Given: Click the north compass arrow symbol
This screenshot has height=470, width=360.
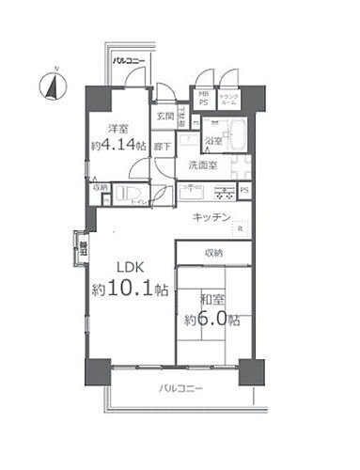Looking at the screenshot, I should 53,86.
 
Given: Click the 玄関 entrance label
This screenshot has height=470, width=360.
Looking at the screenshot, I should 165,117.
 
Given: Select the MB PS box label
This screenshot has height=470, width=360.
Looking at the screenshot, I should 203,98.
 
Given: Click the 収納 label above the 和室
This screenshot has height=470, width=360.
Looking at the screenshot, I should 213,253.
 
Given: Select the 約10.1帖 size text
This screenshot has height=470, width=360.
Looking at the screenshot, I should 131,290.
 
